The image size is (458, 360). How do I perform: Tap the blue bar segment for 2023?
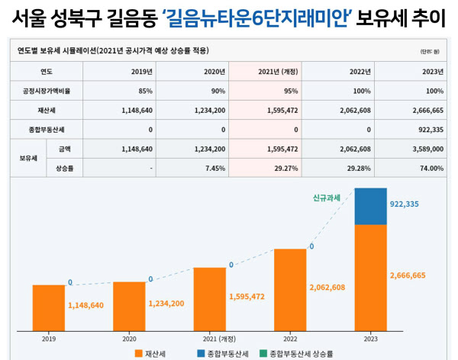click(x=370, y=205)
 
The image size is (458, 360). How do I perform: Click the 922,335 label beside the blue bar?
click(x=409, y=204)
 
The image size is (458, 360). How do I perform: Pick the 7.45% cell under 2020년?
click(x=213, y=168)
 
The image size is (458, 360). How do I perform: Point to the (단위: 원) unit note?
click(x=431, y=51)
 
